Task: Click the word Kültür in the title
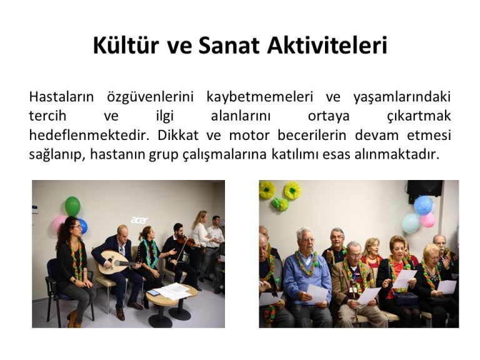[x=126, y=46]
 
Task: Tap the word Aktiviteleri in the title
[x=327, y=46]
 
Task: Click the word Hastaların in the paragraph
[x=61, y=97]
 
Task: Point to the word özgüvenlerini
[x=150, y=97]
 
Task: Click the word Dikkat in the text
[x=178, y=135]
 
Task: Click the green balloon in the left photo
[x=72, y=206]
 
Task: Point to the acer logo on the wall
[x=139, y=220]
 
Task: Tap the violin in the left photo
[x=187, y=241]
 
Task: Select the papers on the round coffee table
[x=171, y=291]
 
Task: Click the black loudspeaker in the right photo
[x=425, y=187]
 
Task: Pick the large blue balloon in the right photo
[x=423, y=205]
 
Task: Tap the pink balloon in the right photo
[x=427, y=220]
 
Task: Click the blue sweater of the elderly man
[x=306, y=277]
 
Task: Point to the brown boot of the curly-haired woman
[x=72, y=319]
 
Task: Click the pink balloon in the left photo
[x=59, y=224]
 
